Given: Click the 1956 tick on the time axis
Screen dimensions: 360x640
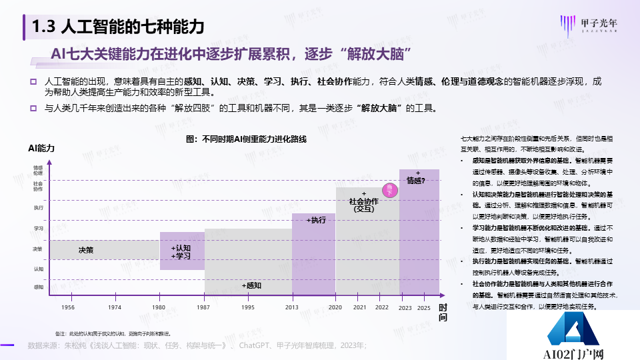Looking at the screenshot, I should pos(68,307).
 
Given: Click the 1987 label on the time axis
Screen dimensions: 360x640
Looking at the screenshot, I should pos(204,307).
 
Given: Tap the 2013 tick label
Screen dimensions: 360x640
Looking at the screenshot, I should pos(291,307).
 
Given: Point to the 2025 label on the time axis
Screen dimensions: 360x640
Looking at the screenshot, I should pos(425,307).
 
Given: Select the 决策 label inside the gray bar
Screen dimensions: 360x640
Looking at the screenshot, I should pos(86,250).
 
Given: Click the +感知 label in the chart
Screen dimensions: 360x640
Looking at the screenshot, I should pos(251,285).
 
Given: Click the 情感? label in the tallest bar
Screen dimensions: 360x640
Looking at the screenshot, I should pos(416,180).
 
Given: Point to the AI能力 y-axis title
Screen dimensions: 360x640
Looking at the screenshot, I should pos(42,147).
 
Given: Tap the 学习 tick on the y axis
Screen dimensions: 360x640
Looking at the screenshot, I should pos(38,228).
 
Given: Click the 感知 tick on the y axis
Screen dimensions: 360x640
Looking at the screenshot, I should pos(38,287).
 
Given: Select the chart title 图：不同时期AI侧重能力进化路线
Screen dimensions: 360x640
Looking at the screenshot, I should pos(245,139).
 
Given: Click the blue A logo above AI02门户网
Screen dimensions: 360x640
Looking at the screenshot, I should pos(573,331).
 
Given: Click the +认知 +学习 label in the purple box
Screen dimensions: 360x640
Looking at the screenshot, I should pos(181,252).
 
